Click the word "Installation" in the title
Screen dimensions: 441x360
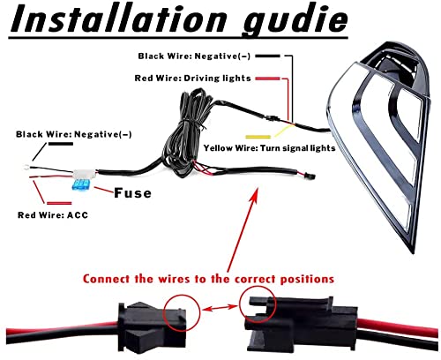(x=118, y=19)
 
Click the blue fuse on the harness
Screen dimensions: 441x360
(x=80, y=185)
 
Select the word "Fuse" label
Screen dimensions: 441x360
(x=132, y=193)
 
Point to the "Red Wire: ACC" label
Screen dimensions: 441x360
(x=53, y=215)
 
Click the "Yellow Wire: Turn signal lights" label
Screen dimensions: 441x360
(x=269, y=147)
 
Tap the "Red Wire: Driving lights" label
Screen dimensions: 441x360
(x=192, y=78)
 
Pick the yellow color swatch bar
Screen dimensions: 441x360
(x=258, y=137)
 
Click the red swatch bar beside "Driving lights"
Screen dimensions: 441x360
(x=268, y=79)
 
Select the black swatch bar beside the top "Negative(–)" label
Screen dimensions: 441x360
(x=268, y=56)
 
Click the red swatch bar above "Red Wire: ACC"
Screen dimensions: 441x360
(x=59, y=203)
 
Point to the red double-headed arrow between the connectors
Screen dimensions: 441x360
(x=220, y=308)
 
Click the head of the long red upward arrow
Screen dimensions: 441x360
(x=255, y=193)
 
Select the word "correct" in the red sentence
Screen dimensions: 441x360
(x=255, y=279)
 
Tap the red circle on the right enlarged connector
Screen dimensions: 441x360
(x=258, y=304)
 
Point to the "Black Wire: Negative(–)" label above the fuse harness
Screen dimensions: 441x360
(x=74, y=134)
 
